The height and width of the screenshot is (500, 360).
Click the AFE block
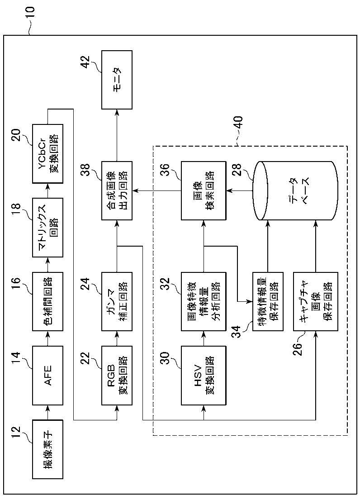click(47, 376)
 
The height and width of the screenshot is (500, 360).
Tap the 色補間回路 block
click(47, 301)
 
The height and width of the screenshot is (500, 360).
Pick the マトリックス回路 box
click(47, 227)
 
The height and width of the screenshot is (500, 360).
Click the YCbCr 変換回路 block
click(47, 153)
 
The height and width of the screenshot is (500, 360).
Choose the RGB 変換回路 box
click(117, 376)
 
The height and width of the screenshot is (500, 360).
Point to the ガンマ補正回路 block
click(117, 301)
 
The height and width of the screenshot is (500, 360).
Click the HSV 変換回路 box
click(204, 376)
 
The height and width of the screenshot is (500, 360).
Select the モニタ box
click(117, 79)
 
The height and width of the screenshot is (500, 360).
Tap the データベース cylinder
click(295, 190)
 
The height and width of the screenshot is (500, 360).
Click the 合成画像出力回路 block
click(117, 190)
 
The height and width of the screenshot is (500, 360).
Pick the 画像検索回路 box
click(204, 190)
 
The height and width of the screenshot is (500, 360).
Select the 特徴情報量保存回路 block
click(268, 301)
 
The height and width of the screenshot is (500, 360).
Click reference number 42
click(85, 63)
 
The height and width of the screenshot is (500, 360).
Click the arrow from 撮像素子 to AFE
click(47, 412)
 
